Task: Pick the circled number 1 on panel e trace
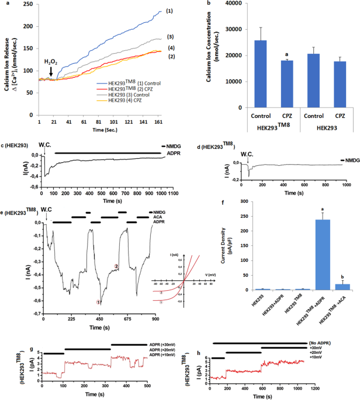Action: (99, 302)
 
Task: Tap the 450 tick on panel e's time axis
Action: (100, 320)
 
